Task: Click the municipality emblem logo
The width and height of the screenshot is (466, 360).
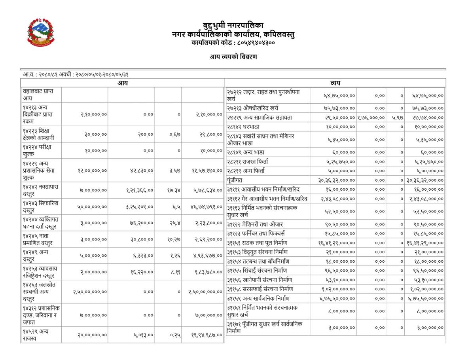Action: [x=41, y=32]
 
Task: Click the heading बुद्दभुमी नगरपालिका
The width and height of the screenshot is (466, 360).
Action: [x=233, y=26]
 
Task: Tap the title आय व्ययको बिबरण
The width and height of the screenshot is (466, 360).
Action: [x=233, y=57]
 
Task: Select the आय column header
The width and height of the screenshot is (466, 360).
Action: [x=123, y=83]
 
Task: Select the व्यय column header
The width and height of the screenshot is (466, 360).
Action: [x=335, y=83]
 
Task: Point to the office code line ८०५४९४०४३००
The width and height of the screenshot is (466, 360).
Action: [x=233, y=42]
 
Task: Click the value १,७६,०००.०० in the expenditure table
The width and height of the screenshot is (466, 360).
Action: [x=371, y=117]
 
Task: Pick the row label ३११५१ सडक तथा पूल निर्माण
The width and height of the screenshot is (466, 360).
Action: [x=257, y=243]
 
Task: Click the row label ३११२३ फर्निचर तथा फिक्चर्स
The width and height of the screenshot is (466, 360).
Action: [x=256, y=233]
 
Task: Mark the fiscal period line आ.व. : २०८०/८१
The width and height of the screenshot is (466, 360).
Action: [x=76, y=74]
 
